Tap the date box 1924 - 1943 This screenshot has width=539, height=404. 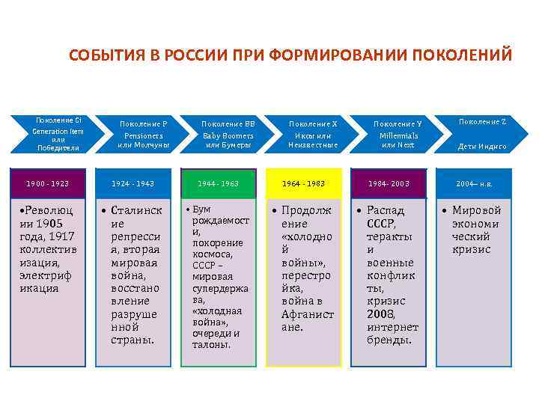click(133, 183)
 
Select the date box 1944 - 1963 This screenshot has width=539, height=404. click(218, 183)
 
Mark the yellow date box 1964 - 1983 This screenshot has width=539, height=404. click(303, 183)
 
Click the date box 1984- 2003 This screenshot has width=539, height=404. click(389, 183)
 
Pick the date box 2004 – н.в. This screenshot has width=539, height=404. click(475, 183)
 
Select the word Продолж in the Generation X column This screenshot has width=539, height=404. click(306, 210)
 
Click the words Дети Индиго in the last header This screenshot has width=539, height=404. click(482, 147)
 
